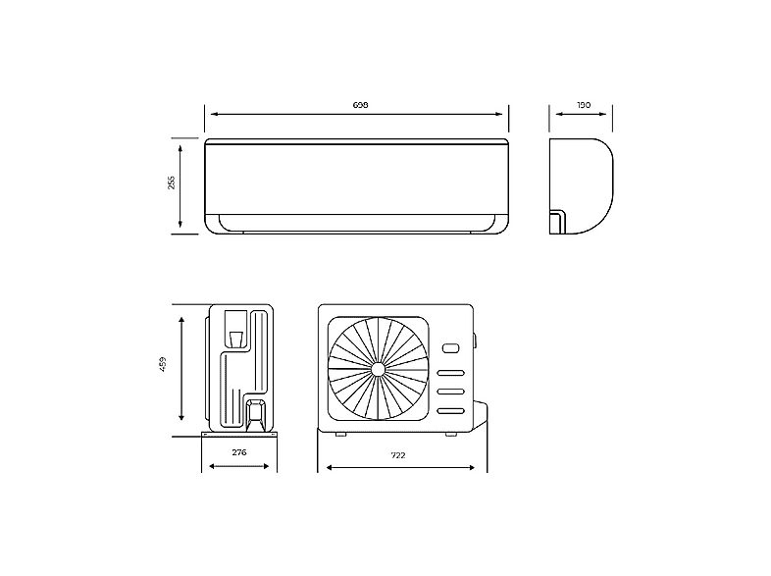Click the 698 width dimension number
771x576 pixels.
point(359,104)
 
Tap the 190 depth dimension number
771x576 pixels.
point(585,104)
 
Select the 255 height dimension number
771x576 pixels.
point(171,183)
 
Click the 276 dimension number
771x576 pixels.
point(237,452)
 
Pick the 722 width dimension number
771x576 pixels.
point(397,455)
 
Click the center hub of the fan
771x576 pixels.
point(378,369)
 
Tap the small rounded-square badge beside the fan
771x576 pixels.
point(450,347)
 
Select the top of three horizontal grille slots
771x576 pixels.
point(450,374)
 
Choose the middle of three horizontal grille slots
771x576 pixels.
point(450,393)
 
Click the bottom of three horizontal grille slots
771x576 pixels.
point(450,411)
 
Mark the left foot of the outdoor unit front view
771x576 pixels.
point(339,434)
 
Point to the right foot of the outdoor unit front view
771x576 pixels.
point(450,434)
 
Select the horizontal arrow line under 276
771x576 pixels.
point(237,465)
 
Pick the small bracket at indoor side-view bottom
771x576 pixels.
point(557,221)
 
